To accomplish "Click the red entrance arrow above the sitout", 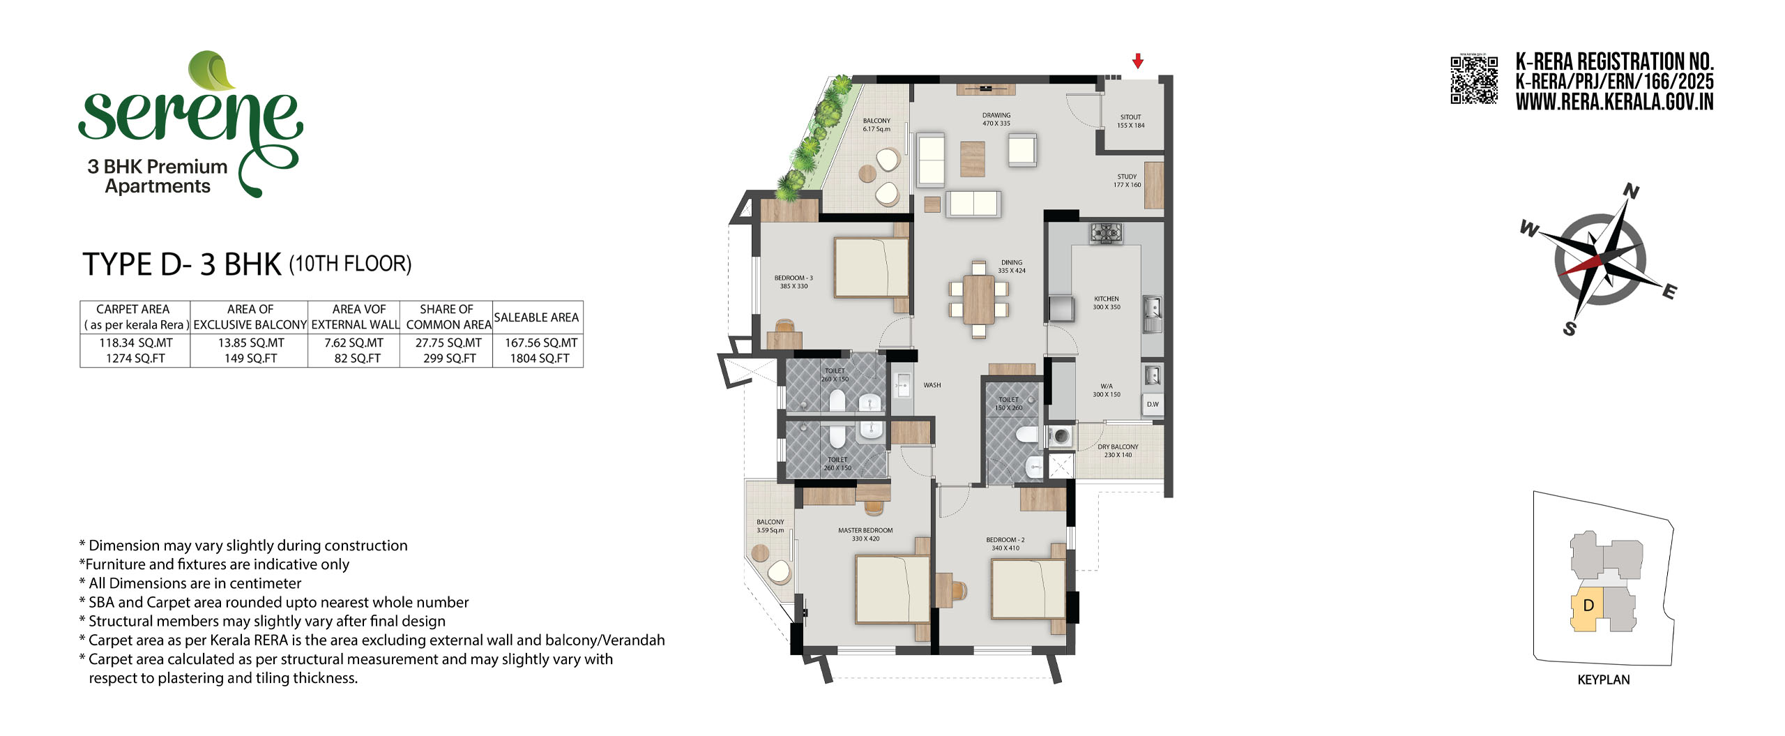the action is point(1138,61).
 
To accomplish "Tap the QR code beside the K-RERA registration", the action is point(1474,80).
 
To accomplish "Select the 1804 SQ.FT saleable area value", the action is point(540,359).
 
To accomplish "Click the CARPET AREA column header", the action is point(133,309).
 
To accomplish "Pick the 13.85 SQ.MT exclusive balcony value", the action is point(251,343).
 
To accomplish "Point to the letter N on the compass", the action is point(1631,191).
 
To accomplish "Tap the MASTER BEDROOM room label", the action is point(865,531).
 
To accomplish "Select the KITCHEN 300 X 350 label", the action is point(1107,303).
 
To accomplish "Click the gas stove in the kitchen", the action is point(1106,233).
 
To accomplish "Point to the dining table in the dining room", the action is point(979,299).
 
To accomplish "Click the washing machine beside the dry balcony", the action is point(1061,437).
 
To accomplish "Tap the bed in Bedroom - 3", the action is point(872,268).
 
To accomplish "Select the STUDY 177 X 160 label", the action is point(1127,181).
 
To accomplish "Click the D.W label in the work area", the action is point(1153,405).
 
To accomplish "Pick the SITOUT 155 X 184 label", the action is point(1130,121).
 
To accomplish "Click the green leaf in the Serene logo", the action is point(212,70).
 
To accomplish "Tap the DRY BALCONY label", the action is point(1118,447).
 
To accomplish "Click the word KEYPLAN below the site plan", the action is point(1604,680).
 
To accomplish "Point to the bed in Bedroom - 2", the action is point(1028,589).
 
